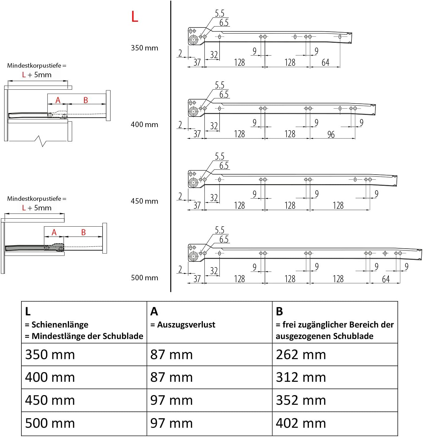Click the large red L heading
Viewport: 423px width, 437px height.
(x=135, y=16)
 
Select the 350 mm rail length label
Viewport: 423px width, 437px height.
(x=144, y=48)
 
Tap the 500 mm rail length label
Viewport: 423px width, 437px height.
(x=144, y=278)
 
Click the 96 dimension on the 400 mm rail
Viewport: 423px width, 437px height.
(x=331, y=135)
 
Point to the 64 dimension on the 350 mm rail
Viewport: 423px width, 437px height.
(x=325, y=63)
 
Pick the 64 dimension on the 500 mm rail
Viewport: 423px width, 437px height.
(x=386, y=279)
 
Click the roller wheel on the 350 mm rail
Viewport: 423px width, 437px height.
(x=193, y=40)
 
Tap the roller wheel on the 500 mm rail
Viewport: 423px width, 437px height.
(x=193, y=256)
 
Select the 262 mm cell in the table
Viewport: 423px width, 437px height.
(x=301, y=355)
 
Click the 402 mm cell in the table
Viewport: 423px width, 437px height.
(x=301, y=423)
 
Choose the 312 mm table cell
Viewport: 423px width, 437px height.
(x=301, y=377)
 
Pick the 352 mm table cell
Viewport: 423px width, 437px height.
(x=301, y=400)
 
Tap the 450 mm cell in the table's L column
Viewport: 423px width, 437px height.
(x=50, y=400)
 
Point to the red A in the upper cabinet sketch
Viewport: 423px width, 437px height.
(x=58, y=100)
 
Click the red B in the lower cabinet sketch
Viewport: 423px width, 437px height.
(x=83, y=232)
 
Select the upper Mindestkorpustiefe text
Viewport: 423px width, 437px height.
(x=37, y=65)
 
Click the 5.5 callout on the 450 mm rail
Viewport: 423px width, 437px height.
(x=219, y=156)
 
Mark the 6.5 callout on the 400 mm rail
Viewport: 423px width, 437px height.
(x=224, y=94)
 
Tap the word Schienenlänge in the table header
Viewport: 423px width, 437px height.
(x=60, y=325)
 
